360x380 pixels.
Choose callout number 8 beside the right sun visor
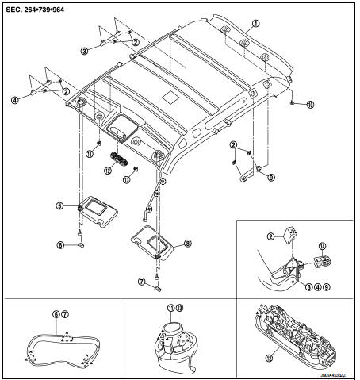click(x=188, y=244)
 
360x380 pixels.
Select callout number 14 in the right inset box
click(x=323, y=247)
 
